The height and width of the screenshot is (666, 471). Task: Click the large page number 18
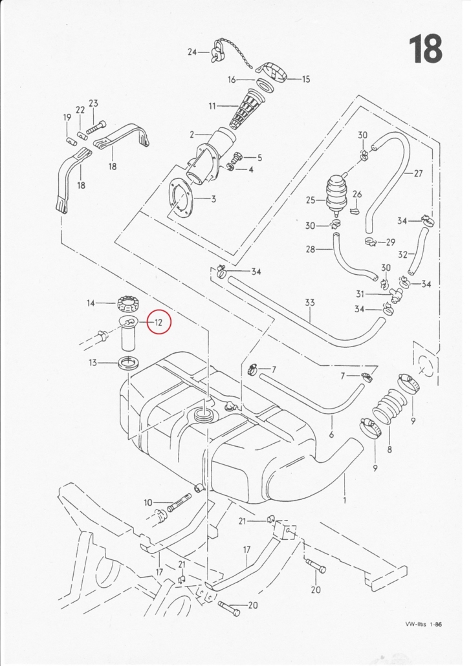(425, 49)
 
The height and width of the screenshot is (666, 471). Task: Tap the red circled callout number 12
(159, 321)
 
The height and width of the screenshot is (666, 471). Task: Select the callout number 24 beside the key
(192, 52)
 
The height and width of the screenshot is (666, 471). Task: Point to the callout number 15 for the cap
(306, 80)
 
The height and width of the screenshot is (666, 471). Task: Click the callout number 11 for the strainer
(212, 105)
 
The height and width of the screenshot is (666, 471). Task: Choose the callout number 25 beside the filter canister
(311, 200)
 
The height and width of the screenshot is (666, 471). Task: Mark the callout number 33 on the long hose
(310, 302)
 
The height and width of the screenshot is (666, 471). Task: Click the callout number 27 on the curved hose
(418, 173)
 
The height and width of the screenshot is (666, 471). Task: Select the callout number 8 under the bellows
(389, 448)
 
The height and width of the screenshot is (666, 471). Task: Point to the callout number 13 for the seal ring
(93, 363)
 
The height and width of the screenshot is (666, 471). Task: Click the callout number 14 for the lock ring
(91, 303)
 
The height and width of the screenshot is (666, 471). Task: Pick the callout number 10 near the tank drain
(148, 502)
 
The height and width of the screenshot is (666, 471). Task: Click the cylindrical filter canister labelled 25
(335, 192)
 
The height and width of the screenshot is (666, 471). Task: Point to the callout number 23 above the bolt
(93, 103)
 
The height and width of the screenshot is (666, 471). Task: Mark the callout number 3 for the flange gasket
(214, 199)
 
